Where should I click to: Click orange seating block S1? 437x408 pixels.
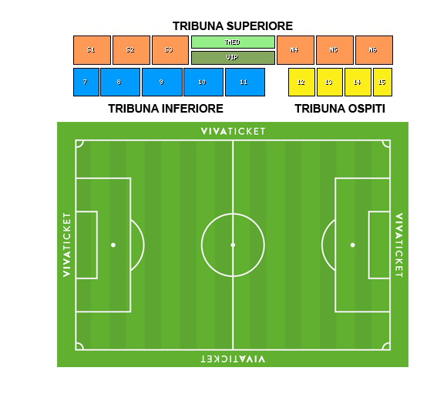point(92,50)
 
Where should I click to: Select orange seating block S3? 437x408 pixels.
point(170,50)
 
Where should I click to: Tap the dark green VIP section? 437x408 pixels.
point(233,58)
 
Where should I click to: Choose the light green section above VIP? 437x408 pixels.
point(233,42)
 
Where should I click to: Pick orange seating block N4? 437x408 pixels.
point(295,50)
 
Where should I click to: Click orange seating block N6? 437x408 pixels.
point(374,50)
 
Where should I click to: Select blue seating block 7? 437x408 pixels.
point(86,82)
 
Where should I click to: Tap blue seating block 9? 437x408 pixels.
point(162,82)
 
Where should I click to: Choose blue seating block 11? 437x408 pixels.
point(245,82)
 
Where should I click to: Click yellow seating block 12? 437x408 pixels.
point(301,82)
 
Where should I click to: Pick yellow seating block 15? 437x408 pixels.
point(382,82)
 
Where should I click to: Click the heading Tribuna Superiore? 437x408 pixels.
point(233,26)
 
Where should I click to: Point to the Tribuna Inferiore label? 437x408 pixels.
point(166,109)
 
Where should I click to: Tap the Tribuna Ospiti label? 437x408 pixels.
point(340,109)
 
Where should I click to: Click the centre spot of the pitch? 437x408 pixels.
point(233,244)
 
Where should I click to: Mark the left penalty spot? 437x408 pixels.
point(113,244)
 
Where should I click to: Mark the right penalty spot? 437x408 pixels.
point(352,244)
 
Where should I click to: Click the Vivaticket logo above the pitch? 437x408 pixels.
point(233,131)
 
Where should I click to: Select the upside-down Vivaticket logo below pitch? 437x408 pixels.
point(233,359)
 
